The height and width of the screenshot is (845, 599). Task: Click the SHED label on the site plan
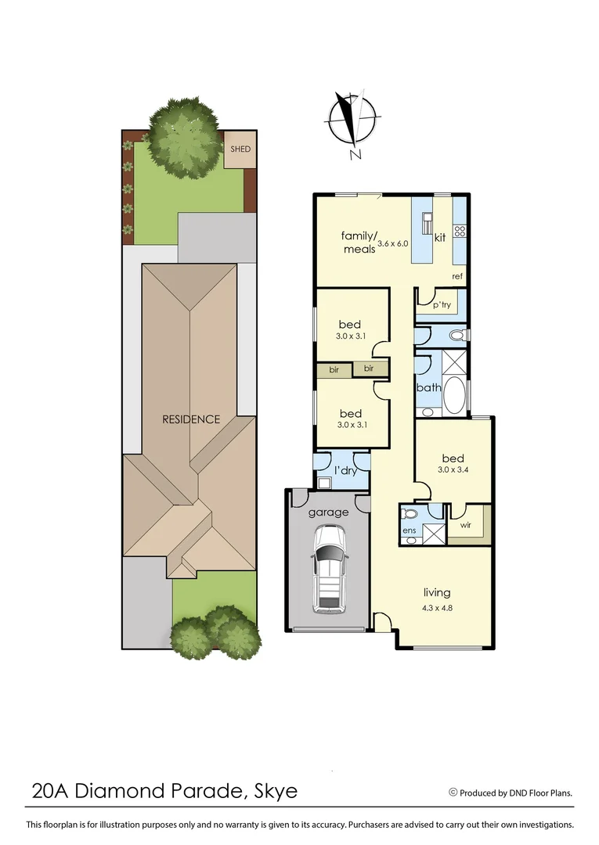click(x=240, y=149)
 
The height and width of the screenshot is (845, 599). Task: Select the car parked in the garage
click(x=329, y=569)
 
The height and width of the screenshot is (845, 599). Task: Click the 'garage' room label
click(x=328, y=512)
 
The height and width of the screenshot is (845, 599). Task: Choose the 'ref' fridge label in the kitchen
click(x=457, y=276)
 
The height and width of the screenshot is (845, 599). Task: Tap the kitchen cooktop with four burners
click(x=460, y=231)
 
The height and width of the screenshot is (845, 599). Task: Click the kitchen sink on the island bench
click(x=428, y=222)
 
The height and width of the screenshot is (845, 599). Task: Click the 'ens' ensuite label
click(x=409, y=532)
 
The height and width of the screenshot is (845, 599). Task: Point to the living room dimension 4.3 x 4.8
click(x=437, y=606)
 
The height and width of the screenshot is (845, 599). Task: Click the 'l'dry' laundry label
click(x=345, y=470)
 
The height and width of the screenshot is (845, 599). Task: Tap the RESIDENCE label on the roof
click(x=191, y=419)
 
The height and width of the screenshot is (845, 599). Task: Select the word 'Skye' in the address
click(x=276, y=791)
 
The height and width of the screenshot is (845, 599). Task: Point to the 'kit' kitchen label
click(x=440, y=237)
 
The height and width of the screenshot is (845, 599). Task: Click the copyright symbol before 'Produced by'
click(x=453, y=792)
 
